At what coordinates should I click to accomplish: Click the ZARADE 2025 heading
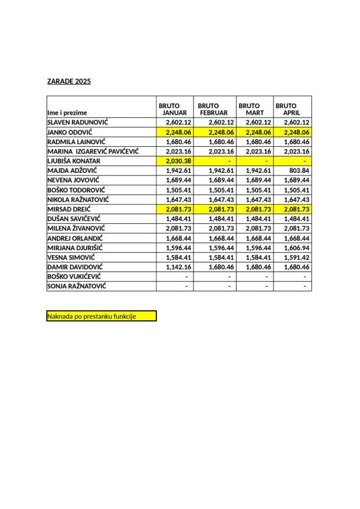tap(69, 82)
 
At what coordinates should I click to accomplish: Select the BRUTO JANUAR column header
tap(174, 109)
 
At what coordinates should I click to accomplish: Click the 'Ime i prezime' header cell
tap(67, 112)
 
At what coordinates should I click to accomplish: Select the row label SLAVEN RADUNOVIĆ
tap(77, 122)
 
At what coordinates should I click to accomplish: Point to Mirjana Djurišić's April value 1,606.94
tap(296, 248)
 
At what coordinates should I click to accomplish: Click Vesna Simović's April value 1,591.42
tap(296, 257)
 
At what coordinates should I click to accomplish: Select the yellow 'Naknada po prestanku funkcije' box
tap(102, 317)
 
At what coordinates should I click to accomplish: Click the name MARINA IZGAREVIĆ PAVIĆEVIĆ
tap(93, 151)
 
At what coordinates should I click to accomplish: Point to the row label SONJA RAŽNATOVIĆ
tap(77, 286)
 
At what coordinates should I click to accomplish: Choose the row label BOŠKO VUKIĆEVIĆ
tap(74, 277)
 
